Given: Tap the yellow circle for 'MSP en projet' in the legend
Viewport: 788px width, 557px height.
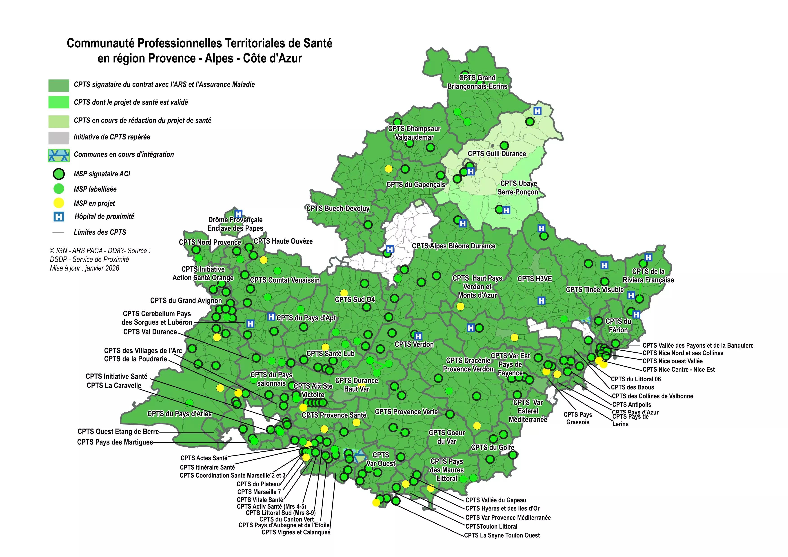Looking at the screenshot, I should click(x=59, y=203).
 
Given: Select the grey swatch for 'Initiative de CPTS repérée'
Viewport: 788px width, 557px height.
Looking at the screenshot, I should click(x=59, y=137).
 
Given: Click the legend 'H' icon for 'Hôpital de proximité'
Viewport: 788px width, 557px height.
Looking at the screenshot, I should click(x=59, y=217).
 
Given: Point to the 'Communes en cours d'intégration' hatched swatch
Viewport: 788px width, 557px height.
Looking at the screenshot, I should click(x=59, y=155).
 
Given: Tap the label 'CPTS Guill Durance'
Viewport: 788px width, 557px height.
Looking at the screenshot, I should click(x=497, y=154).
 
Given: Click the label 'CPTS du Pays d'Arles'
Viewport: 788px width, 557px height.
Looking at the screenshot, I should click(x=180, y=414).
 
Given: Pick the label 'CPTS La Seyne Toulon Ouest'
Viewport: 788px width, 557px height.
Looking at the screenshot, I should click(x=502, y=535).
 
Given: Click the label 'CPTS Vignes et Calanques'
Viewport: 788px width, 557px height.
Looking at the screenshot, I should click(x=296, y=532).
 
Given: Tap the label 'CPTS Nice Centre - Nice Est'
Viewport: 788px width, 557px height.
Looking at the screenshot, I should click(x=679, y=369).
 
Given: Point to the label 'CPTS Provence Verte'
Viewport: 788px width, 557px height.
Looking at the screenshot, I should click(x=406, y=412).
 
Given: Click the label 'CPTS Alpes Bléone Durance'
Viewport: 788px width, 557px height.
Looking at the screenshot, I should click(x=453, y=246).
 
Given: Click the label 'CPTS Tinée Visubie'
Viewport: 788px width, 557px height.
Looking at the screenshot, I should click(x=595, y=290).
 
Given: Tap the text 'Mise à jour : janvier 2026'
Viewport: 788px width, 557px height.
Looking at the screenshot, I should click(x=84, y=268).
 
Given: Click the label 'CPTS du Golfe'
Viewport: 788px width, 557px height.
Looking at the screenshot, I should click(x=493, y=447).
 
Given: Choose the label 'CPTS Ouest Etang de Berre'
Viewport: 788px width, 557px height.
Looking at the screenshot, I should click(x=118, y=431).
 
